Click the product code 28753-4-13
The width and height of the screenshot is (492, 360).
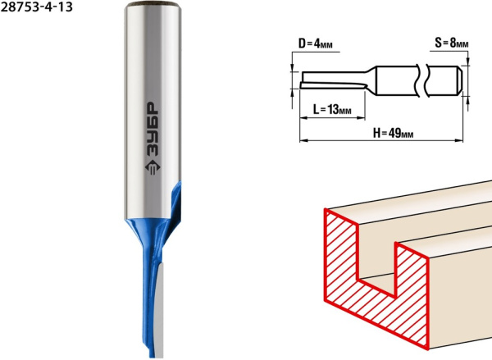36,7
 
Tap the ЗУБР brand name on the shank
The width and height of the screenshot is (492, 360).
153,129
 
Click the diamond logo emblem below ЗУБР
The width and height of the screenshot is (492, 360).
153,168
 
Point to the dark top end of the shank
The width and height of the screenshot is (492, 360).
153,4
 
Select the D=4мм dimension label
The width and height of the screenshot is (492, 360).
316,43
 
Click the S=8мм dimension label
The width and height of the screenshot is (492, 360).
452,43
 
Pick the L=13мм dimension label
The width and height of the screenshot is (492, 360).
332,110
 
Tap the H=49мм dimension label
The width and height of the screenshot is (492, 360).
393,133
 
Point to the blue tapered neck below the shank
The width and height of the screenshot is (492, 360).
148,239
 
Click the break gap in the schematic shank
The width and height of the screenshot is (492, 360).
422,80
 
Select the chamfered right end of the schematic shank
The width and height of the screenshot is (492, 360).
459,80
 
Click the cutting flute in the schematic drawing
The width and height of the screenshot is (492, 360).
333,84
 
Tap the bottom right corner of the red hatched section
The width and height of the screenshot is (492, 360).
428,349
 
